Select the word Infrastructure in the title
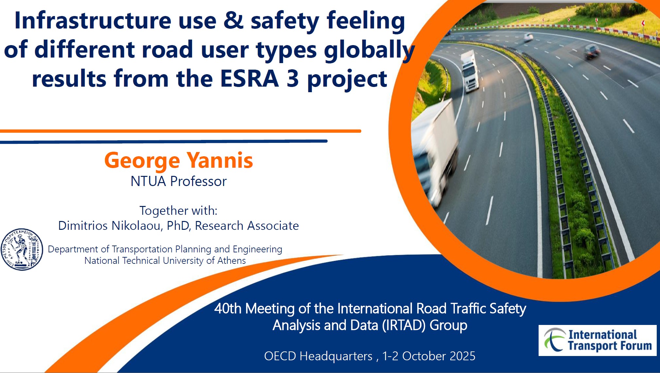coord(93,20)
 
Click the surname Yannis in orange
coord(220,161)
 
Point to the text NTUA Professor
coord(179,181)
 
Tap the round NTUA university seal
coord(22,249)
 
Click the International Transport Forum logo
coord(598,340)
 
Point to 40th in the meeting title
coord(228,309)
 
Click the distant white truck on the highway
coord(469,71)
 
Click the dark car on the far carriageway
coord(592,51)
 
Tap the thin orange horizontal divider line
coord(181,131)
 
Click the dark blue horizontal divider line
coord(164,142)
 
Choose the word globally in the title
coord(370,50)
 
